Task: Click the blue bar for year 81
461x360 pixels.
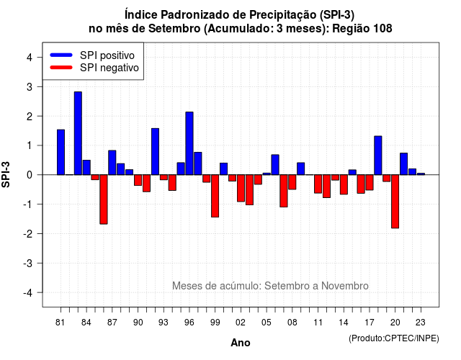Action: point(61,152)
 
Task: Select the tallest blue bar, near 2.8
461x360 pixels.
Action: point(78,133)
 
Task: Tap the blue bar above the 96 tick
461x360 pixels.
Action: point(189,143)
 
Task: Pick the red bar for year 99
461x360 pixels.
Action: point(215,196)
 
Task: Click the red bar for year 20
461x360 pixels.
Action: point(395,202)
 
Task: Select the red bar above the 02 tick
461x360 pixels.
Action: point(241,188)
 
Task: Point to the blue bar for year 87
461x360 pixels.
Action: point(112,163)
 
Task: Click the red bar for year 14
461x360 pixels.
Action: point(344,184)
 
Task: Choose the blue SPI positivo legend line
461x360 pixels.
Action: point(61,55)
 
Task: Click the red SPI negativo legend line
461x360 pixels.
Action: point(61,68)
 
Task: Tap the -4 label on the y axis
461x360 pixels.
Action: point(28,293)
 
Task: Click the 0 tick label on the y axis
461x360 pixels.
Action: point(29,175)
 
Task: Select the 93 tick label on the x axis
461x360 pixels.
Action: point(164,323)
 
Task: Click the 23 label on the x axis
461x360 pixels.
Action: point(421,323)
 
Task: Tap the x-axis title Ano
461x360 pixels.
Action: point(241,343)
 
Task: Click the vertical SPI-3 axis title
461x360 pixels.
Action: point(6,174)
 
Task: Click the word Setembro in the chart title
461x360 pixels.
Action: point(174,29)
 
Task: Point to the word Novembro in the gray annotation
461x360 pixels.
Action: point(344,286)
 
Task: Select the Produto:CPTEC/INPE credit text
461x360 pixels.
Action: point(394,338)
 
